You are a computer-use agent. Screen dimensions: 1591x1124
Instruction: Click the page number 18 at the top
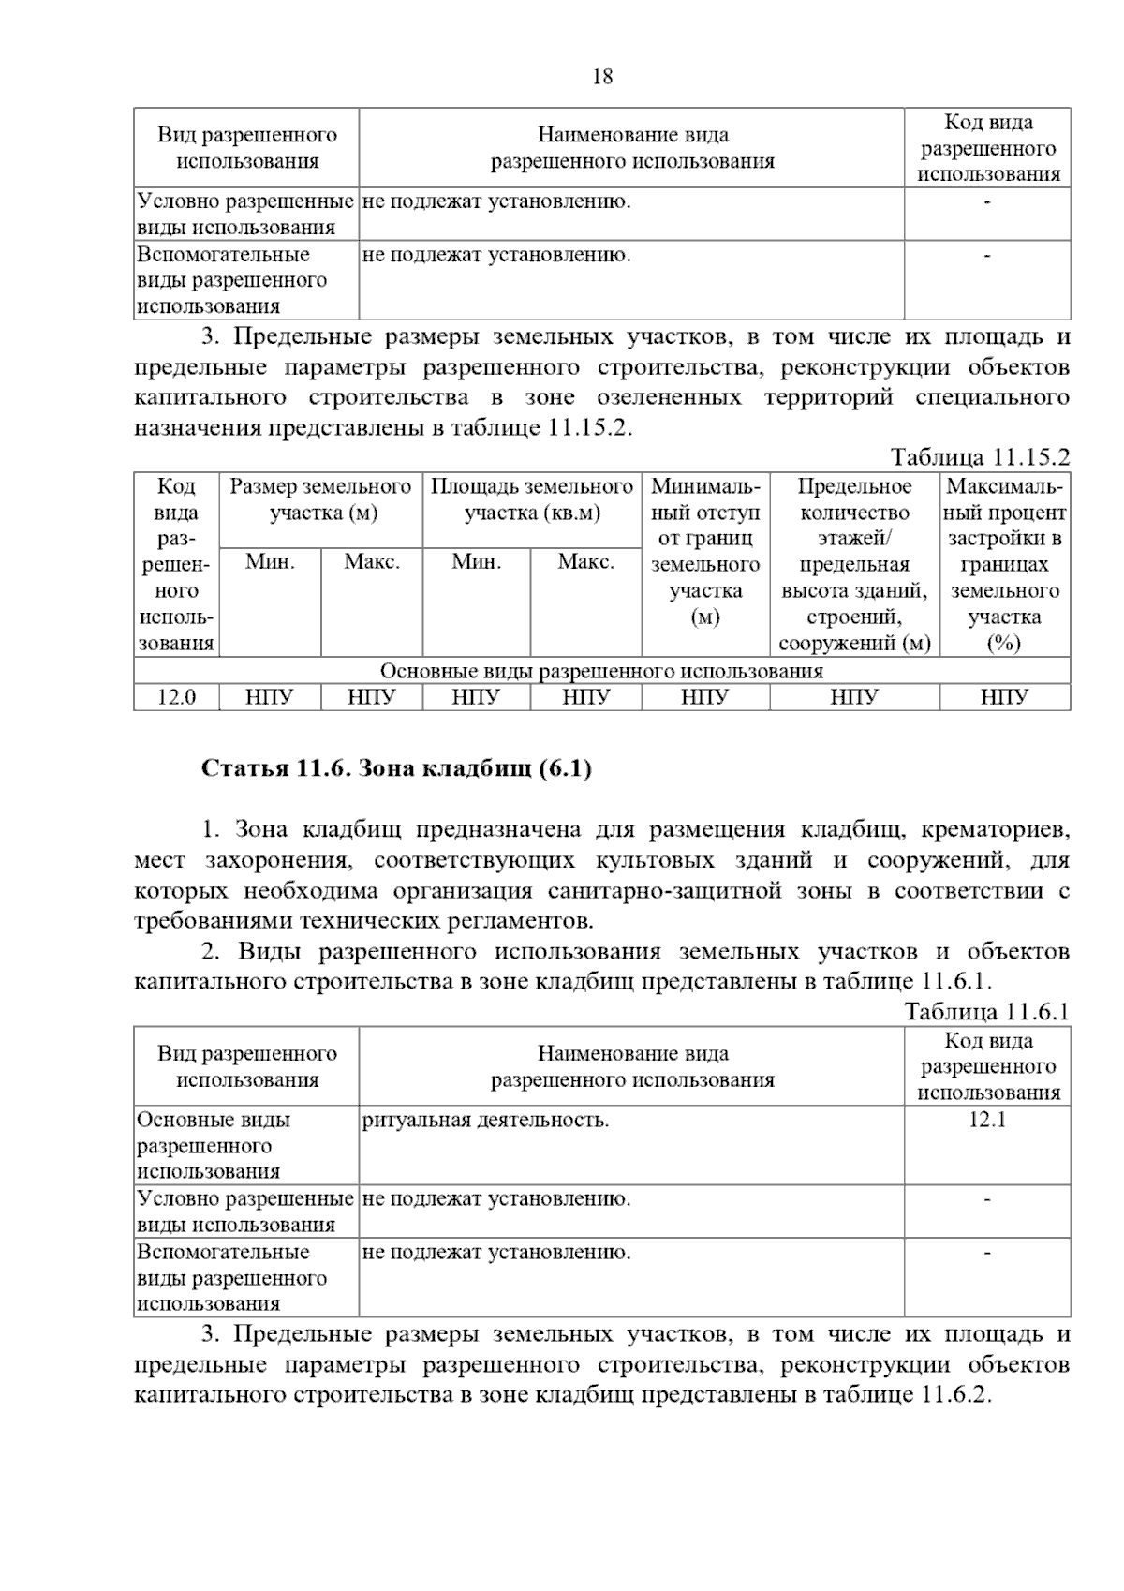(x=602, y=77)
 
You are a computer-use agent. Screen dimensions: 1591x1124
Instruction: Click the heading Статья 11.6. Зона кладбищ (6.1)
(x=396, y=769)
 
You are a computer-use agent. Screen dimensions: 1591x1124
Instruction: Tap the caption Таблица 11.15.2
(x=980, y=457)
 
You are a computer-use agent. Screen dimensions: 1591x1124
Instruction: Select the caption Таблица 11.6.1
(x=986, y=1012)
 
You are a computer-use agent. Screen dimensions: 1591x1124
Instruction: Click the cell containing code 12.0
(x=176, y=697)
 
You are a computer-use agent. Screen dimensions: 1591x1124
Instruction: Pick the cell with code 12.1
(x=987, y=1120)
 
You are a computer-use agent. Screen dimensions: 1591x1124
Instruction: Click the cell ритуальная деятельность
(x=485, y=1120)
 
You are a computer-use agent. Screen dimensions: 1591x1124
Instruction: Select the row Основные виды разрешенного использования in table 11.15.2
(x=601, y=671)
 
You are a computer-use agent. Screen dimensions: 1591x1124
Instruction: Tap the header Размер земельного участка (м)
(x=321, y=499)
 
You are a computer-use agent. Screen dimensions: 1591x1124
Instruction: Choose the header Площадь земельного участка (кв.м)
(x=532, y=499)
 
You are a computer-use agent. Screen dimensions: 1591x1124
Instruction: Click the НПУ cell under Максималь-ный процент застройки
(x=1005, y=697)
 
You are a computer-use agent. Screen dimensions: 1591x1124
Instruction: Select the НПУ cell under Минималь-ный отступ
(x=704, y=697)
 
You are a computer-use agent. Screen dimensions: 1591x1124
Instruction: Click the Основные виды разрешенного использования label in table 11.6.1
(x=214, y=1145)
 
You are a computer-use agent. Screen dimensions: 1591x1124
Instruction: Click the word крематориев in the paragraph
(x=995, y=830)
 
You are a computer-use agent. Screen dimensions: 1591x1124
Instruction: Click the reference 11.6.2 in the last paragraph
(x=954, y=1394)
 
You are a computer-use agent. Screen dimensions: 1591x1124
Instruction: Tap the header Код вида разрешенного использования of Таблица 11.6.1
(x=987, y=1066)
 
